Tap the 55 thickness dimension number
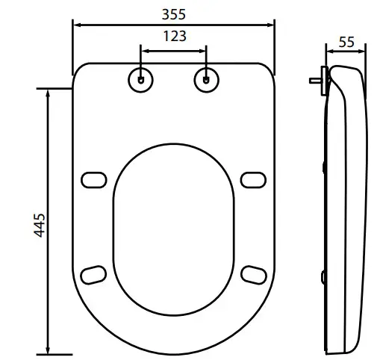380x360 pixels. pos(346,43)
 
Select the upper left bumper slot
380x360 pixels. pos(93,179)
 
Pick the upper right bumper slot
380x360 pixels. pos(254,179)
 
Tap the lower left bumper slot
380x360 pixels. pos(93,273)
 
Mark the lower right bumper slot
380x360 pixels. pos(254,273)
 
